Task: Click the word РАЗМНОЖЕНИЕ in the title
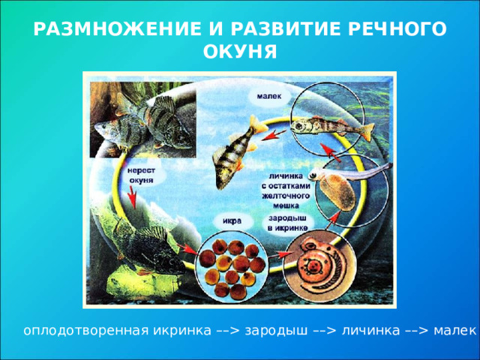118,29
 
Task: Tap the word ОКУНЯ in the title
240,52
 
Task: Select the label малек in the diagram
269,97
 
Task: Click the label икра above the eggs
232,220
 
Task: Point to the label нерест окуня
141,175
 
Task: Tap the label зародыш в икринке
288,223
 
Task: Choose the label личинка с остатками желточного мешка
286,190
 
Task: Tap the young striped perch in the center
235,152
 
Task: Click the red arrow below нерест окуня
132,197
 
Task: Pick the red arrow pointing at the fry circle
331,152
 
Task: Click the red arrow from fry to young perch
274,135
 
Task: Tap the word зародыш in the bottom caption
276,331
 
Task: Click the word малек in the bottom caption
455,331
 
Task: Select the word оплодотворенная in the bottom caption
86,331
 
